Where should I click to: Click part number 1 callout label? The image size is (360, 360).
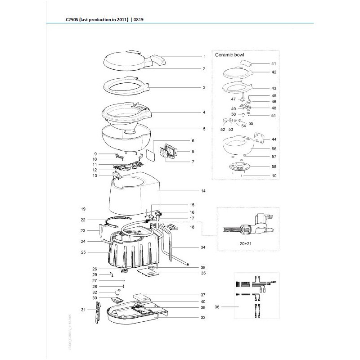pyautogui.click(x=204, y=57)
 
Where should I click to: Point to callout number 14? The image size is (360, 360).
pyautogui.click(x=203, y=191)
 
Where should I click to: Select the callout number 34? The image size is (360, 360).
pyautogui.click(x=203, y=247)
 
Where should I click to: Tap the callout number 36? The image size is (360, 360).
pyautogui.click(x=217, y=307)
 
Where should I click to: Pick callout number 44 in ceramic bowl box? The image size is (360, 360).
pyautogui.click(x=274, y=139)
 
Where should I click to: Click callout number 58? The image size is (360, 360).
pyautogui.click(x=274, y=166)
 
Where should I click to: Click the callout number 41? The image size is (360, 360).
pyautogui.click(x=274, y=64)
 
